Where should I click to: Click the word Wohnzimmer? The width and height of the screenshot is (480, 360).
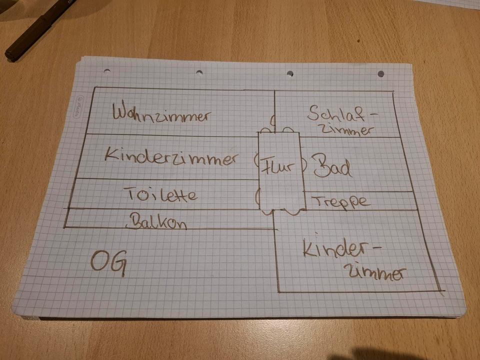(x=161, y=113)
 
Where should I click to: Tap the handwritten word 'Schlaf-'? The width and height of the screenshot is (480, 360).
(x=342, y=112)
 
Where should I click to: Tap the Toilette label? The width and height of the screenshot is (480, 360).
(x=159, y=194)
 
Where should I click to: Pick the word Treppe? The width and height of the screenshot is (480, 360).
(x=342, y=202)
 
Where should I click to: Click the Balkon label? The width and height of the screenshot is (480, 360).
(x=158, y=221)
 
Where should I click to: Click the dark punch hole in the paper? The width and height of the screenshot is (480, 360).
(x=380, y=74)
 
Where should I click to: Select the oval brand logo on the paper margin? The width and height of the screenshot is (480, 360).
(x=77, y=106)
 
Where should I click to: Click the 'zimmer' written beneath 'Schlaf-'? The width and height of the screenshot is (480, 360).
(x=346, y=130)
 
